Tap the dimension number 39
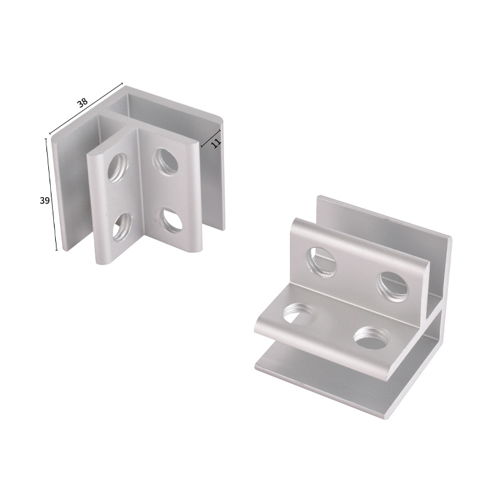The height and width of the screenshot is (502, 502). tap(45, 200)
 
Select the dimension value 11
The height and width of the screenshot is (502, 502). tap(216, 143)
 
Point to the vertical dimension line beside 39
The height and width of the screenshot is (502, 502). tap(52, 195)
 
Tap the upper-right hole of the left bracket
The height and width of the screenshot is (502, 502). tap(165, 161)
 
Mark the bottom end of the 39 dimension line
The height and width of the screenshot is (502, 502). tap(57, 250)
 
